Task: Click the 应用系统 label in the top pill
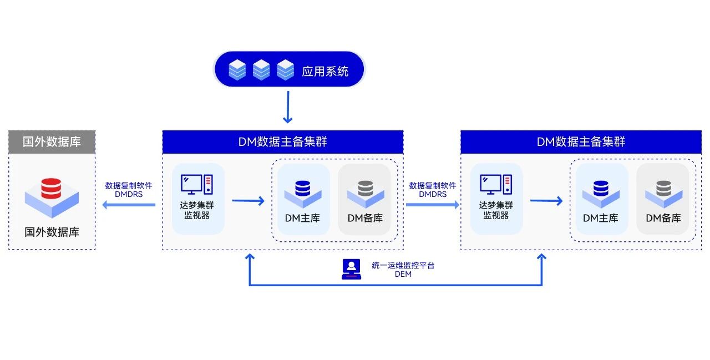(x=325, y=71)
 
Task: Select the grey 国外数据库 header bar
(x=52, y=141)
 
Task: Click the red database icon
(x=52, y=189)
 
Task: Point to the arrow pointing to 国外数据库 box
(x=128, y=205)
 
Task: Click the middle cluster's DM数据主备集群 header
(x=283, y=142)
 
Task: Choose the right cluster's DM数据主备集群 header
(x=581, y=142)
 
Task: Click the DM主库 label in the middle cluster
(x=302, y=218)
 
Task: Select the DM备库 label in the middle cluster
(x=365, y=218)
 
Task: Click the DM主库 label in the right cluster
(x=600, y=218)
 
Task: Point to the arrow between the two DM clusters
(x=433, y=205)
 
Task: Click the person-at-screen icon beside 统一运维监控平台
(x=351, y=269)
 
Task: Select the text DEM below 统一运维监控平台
(x=403, y=274)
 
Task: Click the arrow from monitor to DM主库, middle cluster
(x=248, y=200)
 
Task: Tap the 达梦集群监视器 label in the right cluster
(x=496, y=210)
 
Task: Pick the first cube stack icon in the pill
(x=237, y=70)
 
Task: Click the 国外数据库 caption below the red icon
(x=52, y=232)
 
